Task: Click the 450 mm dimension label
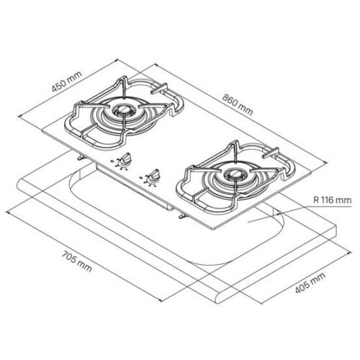[x=67, y=81]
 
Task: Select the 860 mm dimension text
[x=238, y=104]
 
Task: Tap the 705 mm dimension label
[x=77, y=261]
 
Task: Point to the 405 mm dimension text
[x=310, y=283]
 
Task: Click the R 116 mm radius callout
[x=332, y=199]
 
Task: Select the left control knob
[x=125, y=159]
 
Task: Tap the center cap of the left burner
[x=124, y=110]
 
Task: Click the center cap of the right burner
[x=235, y=174]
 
